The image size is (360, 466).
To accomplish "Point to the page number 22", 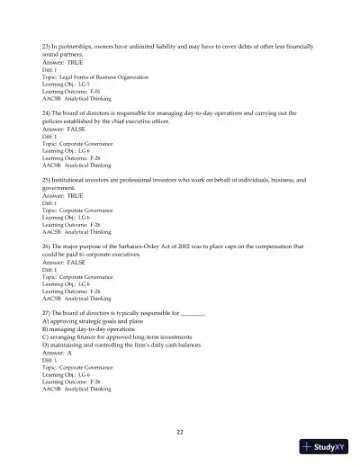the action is [180, 432].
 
